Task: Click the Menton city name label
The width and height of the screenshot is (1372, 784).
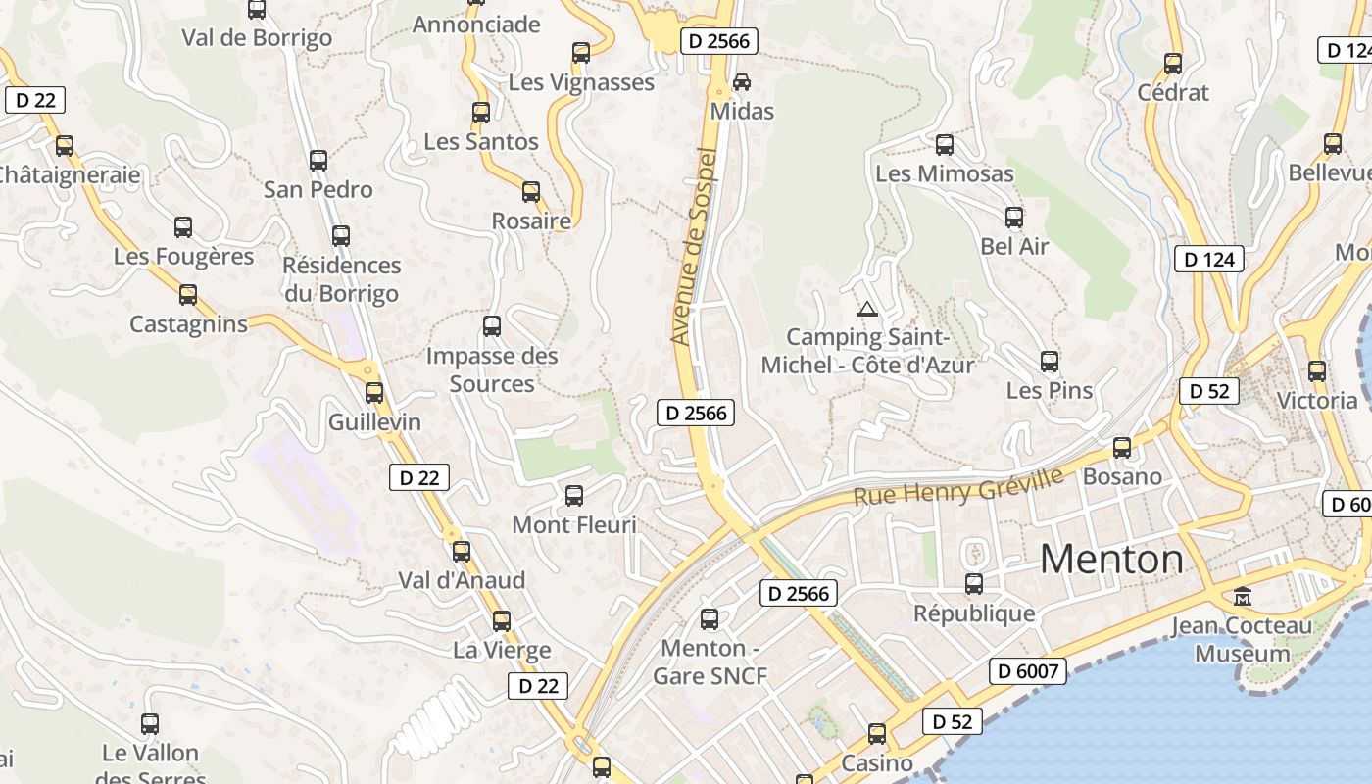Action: click(x=1111, y=560)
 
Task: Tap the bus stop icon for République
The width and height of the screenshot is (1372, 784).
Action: click(x=974, y=584)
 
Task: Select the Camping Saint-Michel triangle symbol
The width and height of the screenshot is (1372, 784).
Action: click(x=867, y=310)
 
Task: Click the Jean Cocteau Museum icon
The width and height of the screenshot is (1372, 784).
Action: click(x=1243, y=596)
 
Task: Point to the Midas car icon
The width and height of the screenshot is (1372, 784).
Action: click(x=742, y=81)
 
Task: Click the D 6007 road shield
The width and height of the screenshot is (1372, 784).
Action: click(x=1027, y=671)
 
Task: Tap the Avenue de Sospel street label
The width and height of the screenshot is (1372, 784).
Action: click(x=694, y=246)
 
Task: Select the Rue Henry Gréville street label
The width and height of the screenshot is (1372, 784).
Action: click(x=957, y=487)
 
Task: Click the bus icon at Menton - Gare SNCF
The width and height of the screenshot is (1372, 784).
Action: click(x=710, y=619)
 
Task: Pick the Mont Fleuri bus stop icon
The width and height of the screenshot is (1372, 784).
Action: click(x=574, y=496)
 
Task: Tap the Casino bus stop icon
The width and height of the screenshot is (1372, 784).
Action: click(x=877, y=734)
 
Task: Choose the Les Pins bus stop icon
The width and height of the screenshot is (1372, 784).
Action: click(x=1050, y=362)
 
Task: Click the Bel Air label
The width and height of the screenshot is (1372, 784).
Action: click(x=1014, y=246)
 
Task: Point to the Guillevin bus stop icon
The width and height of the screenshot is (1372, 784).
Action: click(x=374, y=393)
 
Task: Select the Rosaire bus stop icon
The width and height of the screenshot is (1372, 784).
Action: click(x=531, y=192)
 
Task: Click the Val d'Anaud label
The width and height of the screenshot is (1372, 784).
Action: click(x=462, y=580)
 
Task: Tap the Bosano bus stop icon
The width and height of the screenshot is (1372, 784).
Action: click(x=1122, y=448)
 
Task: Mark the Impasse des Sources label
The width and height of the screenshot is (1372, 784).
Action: click(x=492, y=369)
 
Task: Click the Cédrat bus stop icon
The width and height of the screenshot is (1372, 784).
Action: click(x=1173, y=64)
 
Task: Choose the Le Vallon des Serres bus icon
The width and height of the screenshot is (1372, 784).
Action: click(x=150, y=724)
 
